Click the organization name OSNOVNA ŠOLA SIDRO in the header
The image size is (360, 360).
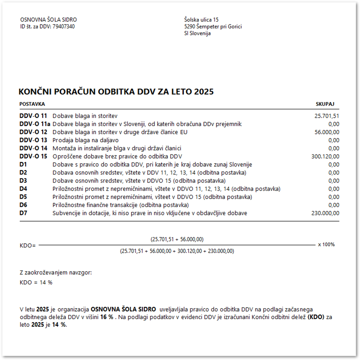coord(48,20)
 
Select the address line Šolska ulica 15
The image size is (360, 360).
coord(201,20)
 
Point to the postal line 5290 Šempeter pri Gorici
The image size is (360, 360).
coord(213,27)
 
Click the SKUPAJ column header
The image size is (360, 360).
coord(325,104)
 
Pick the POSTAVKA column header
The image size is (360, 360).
coord(32,104)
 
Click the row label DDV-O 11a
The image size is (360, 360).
coord(35,124)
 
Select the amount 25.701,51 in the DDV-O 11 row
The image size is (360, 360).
coord(326,116)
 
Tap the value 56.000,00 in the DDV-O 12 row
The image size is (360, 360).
coord(326,132)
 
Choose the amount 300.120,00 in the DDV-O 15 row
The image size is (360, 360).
coord(325,156)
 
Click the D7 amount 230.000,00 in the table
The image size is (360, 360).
coord(325,213)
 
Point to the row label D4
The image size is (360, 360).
coord(23,189)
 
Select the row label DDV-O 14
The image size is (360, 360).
coord(34,148)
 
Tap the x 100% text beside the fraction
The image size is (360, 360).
coord(326,244)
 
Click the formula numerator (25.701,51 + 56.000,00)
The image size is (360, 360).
coord(177,239)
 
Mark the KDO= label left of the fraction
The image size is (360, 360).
coord(27,245)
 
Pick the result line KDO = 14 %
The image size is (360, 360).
coord(36,283)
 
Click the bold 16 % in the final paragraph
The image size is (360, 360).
coord(107,317)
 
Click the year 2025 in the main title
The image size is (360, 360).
coord(204,92)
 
